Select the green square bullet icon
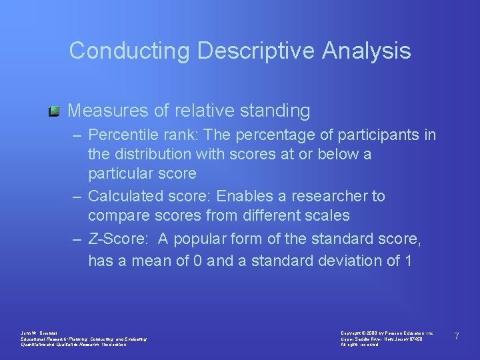[x=55, y=110]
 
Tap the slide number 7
[x=457, y=336]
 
